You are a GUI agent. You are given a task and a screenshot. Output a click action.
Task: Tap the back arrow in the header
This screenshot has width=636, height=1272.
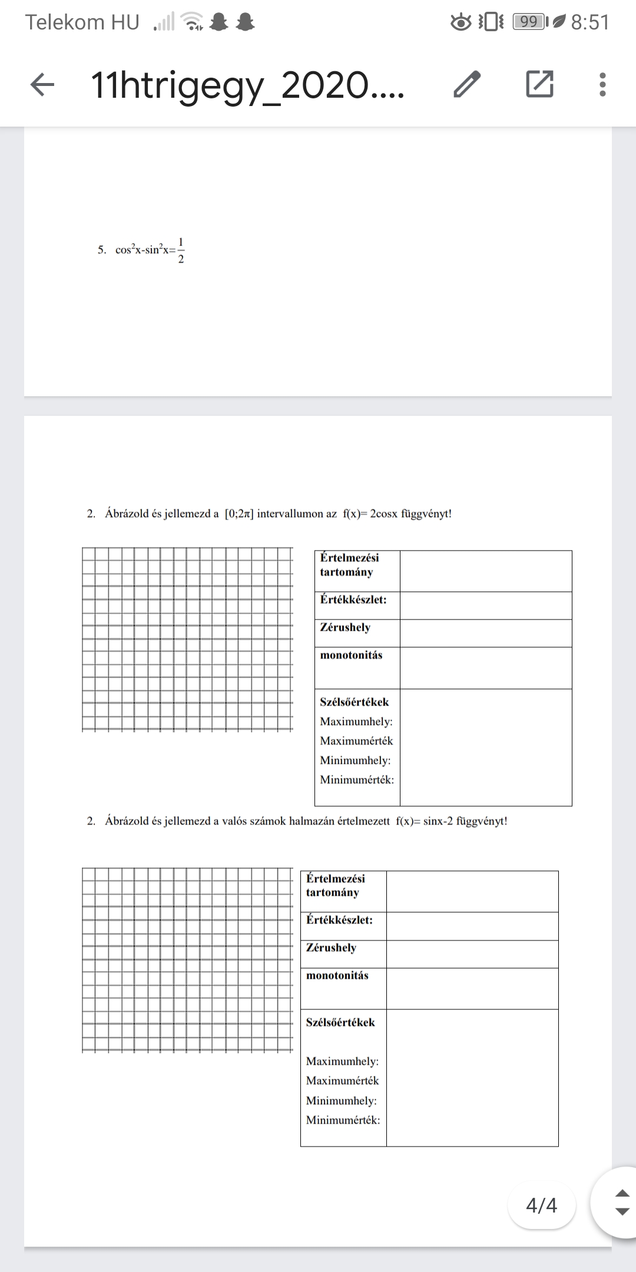42,85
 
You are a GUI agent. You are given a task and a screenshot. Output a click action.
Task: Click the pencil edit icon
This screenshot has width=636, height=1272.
467,84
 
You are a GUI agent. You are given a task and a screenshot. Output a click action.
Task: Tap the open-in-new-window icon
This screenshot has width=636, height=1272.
539,84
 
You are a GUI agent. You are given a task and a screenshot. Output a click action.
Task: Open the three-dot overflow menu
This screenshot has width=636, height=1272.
602,85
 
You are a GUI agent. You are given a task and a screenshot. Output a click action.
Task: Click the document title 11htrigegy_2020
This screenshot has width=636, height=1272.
247,85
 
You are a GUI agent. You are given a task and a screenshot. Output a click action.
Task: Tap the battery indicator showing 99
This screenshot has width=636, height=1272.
529,22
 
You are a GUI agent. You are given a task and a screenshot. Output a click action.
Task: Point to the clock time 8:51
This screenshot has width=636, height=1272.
590,22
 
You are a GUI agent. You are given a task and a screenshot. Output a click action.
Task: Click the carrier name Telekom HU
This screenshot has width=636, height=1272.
82,22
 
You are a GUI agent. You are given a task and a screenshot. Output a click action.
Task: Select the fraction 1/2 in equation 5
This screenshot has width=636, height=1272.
181,250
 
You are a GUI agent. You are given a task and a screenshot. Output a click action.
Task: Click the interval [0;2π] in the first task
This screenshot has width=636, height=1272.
239,514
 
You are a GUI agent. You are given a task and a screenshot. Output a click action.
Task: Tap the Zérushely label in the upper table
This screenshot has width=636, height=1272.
345,627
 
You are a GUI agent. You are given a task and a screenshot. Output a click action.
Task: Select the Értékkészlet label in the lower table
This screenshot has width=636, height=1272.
339,920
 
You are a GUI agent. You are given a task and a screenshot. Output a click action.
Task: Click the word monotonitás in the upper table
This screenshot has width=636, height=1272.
351,655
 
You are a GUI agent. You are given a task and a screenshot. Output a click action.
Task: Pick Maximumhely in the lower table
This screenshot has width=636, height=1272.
342,1061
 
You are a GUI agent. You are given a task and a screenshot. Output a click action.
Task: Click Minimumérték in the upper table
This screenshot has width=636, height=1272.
357,780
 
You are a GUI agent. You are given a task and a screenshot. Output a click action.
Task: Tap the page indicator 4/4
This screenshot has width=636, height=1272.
541,1205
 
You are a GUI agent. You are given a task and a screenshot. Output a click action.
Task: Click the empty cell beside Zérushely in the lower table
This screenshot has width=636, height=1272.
472,953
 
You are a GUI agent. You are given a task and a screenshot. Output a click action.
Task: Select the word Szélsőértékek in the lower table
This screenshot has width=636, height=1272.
340,1022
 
